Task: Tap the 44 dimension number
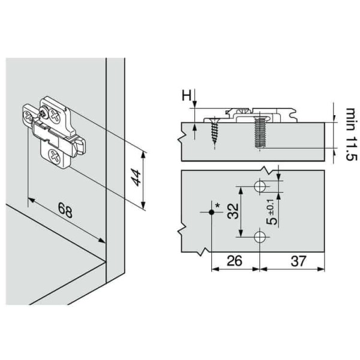(x=136, y=179)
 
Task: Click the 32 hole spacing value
(x=233, y=211)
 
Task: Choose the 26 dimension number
(x=235, y=261)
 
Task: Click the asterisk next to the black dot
(x=217, y=206)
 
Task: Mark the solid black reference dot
(x=211, y=212)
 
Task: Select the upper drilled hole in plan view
(x=260, y=187)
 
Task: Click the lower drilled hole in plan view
(x=260, y=237)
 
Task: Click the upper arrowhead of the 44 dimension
(x=143, y=155)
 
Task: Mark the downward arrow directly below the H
(x=194, y=106)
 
